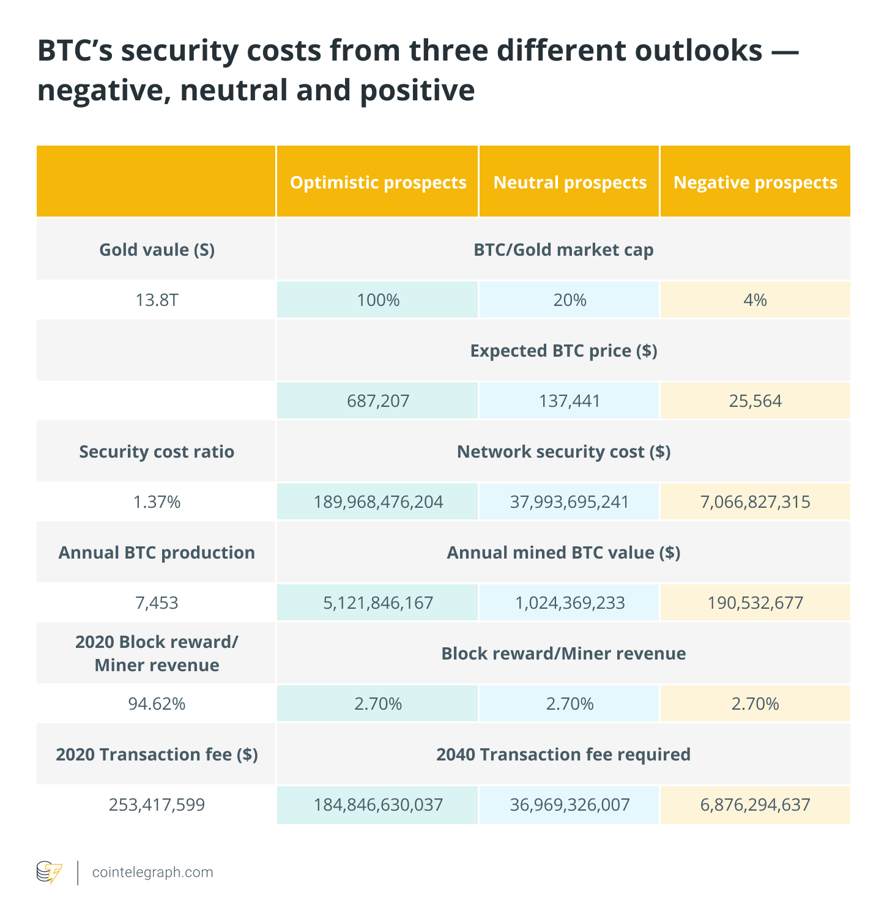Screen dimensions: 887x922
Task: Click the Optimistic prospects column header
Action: tap(378, 182)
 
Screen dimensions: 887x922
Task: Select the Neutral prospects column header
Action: tap(570, 182)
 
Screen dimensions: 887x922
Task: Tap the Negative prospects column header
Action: tap(755, 182)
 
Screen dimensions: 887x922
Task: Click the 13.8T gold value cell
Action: tap(157, 300)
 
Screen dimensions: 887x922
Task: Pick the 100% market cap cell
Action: tap(377, 300)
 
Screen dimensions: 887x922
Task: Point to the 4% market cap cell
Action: tap(755, 300)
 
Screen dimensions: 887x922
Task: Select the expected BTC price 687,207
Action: tap(377, 401)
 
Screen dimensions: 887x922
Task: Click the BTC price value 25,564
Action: tap(755, 401)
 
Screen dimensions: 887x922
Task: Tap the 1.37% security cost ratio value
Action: tap(157, 502)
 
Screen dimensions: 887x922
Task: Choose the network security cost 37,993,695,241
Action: tap(570, 502)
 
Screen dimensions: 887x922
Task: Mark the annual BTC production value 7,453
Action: tap(157, 603)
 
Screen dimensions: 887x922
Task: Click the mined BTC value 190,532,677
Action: tap(755, 603)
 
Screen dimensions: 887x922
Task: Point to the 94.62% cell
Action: tap(157, 704)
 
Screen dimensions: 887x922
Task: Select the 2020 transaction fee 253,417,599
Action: tap(157, 805)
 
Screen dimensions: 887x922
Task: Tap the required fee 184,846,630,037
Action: tap(378, 805)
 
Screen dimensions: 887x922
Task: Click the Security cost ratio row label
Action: tap(157, 452)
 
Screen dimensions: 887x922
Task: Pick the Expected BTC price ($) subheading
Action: tap(563, 351)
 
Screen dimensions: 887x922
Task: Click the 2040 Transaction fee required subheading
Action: tap(563, 754)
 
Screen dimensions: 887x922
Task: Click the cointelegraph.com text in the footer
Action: tap(152, 872)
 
